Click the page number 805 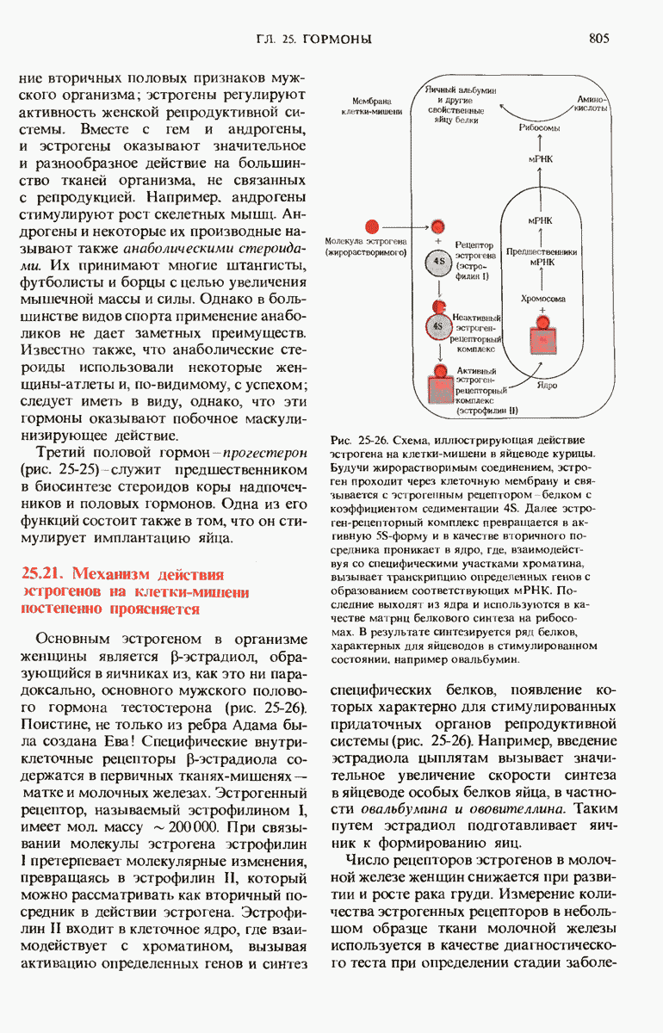pyautogui.click(x=600, y=39)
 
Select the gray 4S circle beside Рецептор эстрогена pyautogui.click(x=439, y=260)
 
